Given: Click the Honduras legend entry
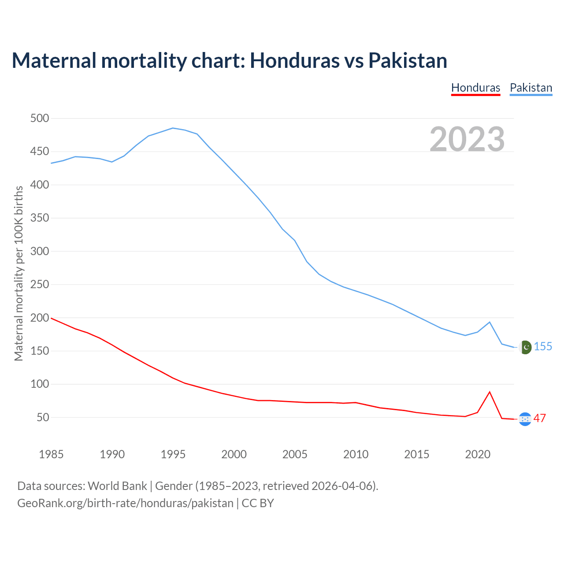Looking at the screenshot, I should point(475,88).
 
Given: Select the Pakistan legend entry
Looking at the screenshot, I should point(531,88).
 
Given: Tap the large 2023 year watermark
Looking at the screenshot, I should point(467,139).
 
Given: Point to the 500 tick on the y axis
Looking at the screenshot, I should point(40,119).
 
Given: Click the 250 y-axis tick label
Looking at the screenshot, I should point(40,285).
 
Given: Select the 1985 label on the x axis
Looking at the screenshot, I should point(51,454).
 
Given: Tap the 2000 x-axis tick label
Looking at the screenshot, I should point(234,454).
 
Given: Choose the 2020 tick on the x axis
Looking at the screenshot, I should point(478,454).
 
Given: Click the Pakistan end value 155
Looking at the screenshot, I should point(543,347).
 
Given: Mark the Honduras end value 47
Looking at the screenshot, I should point(540,418).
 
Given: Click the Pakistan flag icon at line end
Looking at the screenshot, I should point(525,348).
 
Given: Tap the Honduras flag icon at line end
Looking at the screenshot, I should point(525,419).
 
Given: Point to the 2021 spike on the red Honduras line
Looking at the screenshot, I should point(490,392).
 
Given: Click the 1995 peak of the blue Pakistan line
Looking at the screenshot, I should point(173,128).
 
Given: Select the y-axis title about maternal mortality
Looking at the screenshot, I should point(19,273).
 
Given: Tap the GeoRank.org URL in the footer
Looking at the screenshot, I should point(125,503).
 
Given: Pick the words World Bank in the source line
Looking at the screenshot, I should point(117,486).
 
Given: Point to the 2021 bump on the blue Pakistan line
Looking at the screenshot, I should point(490,322).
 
